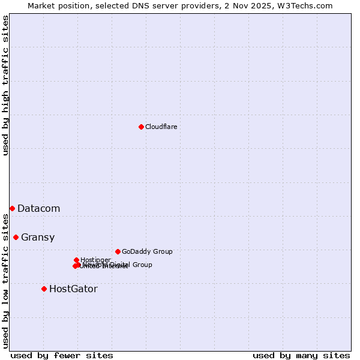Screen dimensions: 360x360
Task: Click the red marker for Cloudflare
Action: (x=141, y=127)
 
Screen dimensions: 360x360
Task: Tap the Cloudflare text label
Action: (x=161, y=127)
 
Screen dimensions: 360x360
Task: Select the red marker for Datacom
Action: (x=12, y=208)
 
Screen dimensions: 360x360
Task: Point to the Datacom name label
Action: (x=38, y=209)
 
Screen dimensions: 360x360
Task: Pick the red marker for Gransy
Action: (x=16, y=237)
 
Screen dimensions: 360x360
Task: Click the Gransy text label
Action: (x=37, y=238)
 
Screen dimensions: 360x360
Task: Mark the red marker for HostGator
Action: (x=44, y=289)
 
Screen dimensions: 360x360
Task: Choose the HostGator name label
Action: (x=73, y=289)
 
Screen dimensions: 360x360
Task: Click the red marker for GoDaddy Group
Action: (x=118, y=251)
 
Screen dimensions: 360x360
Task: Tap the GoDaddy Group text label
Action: (x=146, y=252)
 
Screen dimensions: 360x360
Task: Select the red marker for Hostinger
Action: (x=76, y=260)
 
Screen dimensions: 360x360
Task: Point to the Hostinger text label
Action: (x=95, y=260)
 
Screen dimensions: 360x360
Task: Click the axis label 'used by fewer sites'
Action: (x=62, y=355)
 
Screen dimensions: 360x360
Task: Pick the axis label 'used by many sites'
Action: (x=301, y=355)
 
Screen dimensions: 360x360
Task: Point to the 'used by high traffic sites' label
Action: (x=5, y=85)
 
